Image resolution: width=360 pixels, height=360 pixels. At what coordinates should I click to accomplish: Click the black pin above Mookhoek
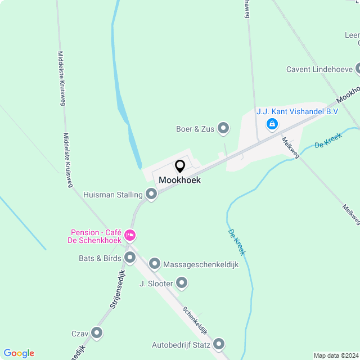click(180, 166)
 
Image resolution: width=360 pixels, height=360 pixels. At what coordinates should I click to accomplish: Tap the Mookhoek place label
click(179, 180)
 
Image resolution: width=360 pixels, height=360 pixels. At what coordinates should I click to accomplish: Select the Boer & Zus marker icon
click(223, 129)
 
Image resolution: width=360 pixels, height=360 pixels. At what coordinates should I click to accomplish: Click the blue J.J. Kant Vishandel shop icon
click(272, 123)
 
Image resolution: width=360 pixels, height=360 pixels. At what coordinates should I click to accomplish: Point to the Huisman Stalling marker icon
click(151, 195)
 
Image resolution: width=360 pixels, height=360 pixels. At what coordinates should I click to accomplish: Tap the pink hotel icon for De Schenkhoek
click(130, 235)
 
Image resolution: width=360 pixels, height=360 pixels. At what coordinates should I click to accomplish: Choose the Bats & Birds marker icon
click(130, 258)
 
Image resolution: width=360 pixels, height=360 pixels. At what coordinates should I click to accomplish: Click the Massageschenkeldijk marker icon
click(155, 264)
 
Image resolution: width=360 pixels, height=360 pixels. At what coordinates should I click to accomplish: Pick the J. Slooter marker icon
click(182, 283)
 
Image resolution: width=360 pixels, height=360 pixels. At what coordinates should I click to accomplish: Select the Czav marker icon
click(97, 334)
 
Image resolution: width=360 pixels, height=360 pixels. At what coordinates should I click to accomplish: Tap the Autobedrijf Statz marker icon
click(219, 344)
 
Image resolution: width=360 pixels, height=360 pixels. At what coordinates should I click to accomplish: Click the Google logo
click(19, 353)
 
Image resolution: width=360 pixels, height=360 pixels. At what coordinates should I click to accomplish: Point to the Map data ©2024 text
click(335, 355)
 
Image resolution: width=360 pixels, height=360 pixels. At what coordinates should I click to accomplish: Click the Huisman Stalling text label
click(112, 195)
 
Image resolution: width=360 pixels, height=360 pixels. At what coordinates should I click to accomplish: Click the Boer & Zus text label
click(195, 129)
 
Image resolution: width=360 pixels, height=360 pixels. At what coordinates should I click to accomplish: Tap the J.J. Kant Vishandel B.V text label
click(297, 111)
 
